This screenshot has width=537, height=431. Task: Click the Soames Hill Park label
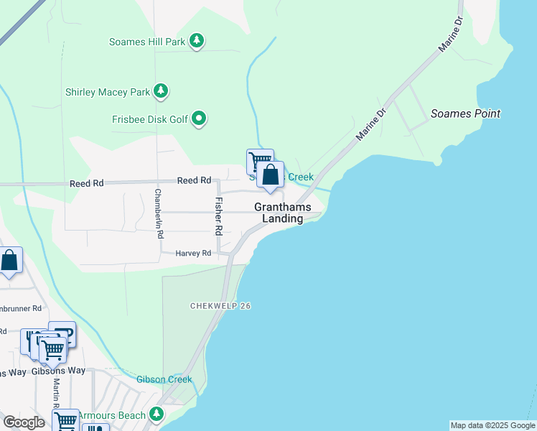coord(147,42)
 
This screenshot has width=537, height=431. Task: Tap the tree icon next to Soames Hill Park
coord(197,42)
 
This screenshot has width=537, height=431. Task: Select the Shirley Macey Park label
coord(107,92)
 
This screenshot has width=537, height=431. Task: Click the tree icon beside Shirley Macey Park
coord(162,91)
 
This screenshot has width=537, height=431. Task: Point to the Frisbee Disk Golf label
coord(149,119)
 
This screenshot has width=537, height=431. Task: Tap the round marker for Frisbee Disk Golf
coord(200,119)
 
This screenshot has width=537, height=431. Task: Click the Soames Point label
coord(465,113)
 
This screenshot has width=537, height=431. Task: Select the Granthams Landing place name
coord(283,213)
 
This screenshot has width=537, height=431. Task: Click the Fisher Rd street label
coord(218,216)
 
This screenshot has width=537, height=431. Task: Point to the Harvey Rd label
coord(194,253)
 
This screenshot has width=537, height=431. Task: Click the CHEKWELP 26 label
coord(220,306)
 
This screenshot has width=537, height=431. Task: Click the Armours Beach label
coord(111,415)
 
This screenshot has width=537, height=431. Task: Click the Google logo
coord(24,422)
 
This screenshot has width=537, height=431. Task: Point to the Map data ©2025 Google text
coord(492,425)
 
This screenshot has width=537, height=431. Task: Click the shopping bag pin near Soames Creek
coord(270,175)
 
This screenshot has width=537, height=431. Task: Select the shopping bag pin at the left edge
coord(9,261)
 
